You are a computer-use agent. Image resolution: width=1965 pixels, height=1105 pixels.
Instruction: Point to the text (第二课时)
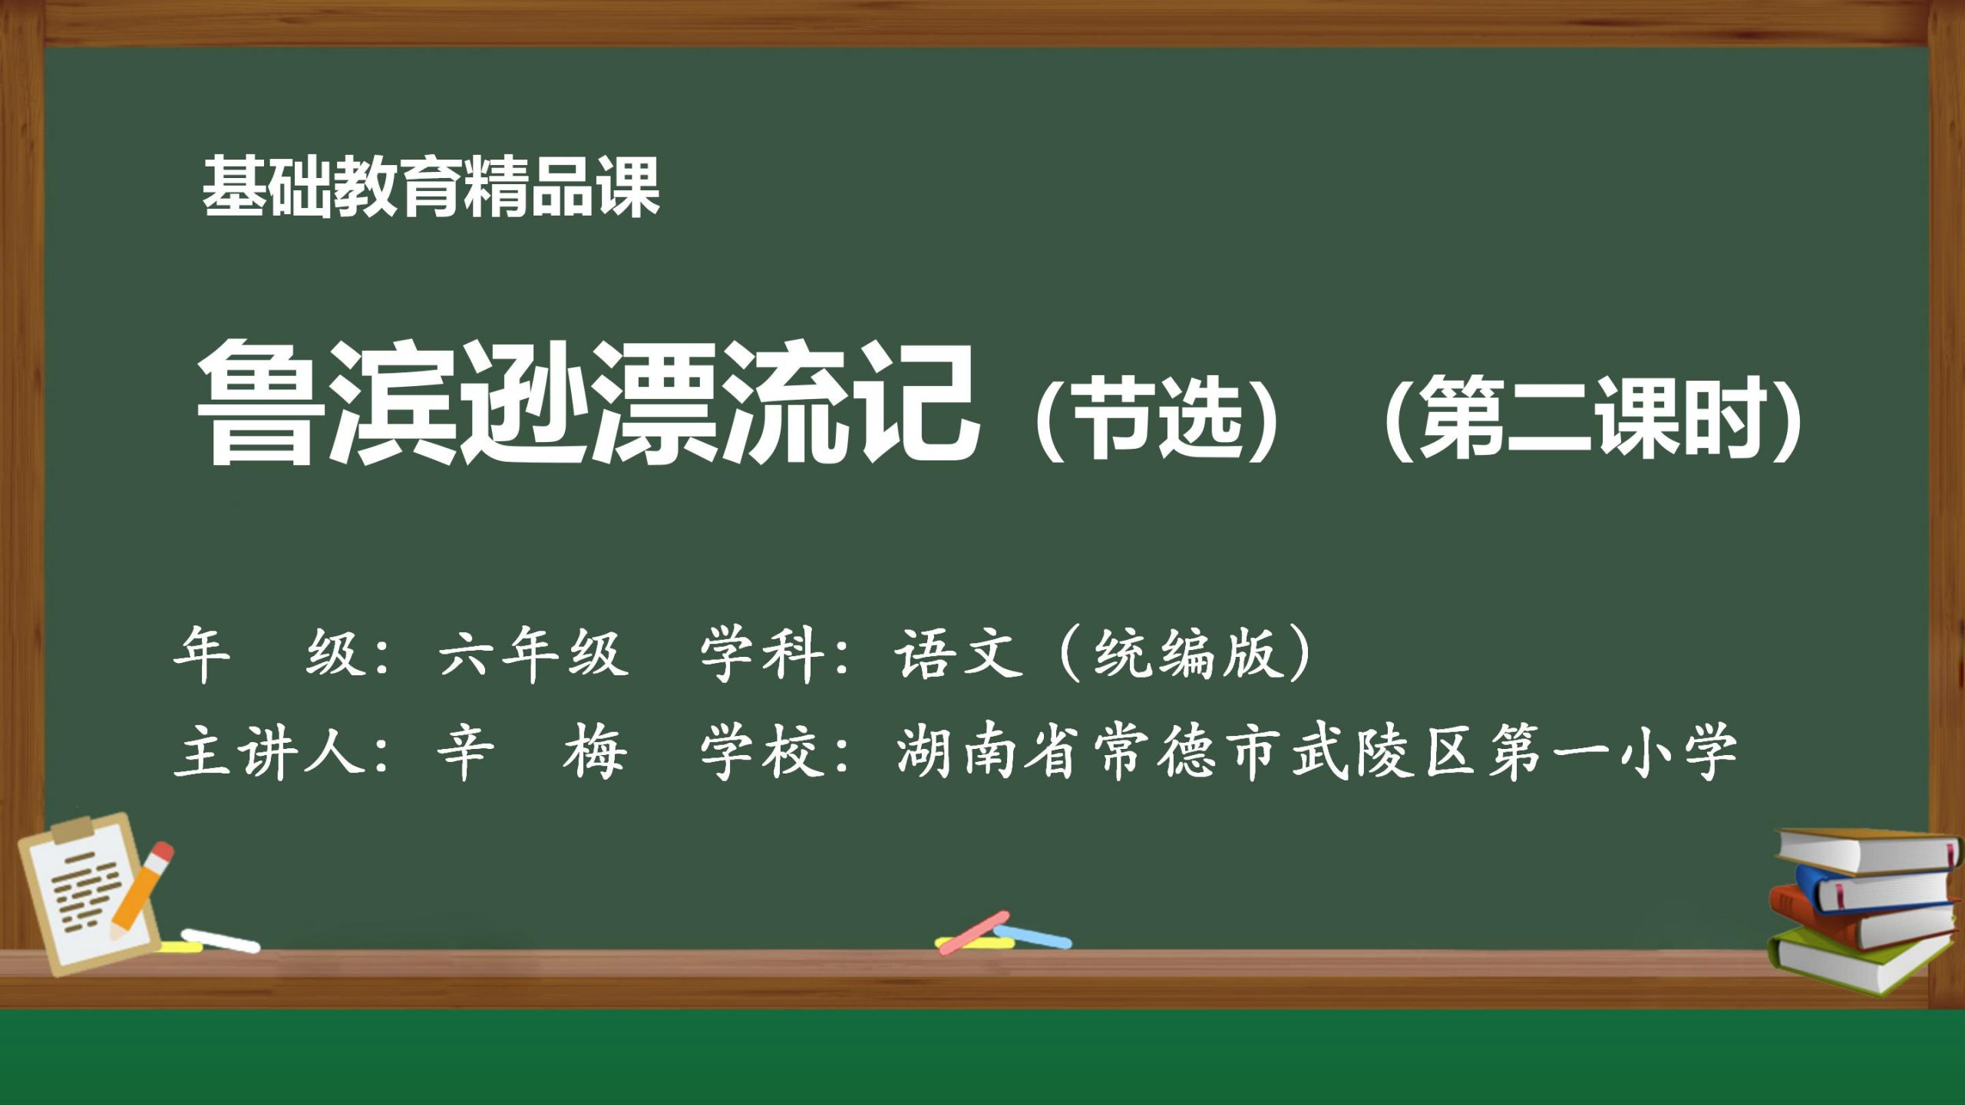1593,418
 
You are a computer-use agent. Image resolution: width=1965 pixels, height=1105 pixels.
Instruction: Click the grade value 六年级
533,655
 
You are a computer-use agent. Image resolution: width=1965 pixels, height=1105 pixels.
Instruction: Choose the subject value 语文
959,655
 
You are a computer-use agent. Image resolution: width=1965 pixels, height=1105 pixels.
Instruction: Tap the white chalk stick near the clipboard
221,941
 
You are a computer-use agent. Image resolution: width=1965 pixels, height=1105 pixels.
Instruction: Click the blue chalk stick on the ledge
1032,936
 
